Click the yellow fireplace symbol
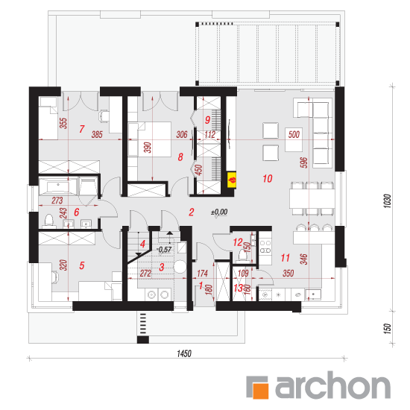coord(232,180)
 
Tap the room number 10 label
coord(267,179)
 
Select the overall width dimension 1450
coord(184,353)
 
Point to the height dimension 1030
coord(387,201)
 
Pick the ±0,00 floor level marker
coord(219,212)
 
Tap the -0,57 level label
coord(165,250)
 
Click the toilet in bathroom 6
coord(49,220)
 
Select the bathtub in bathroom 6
coord(58,186)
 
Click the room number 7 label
coord(82,129)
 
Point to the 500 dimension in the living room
coord(294,134)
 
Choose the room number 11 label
coord(285,258)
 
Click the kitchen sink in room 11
coord(313,294)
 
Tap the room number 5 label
coord(82,265)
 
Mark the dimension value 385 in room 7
coord(97,135)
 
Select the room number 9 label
coord(207,120)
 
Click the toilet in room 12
coord(242,255)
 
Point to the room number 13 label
coord(238,288)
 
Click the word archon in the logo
coord(332,386)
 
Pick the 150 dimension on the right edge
coord(387,329)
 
